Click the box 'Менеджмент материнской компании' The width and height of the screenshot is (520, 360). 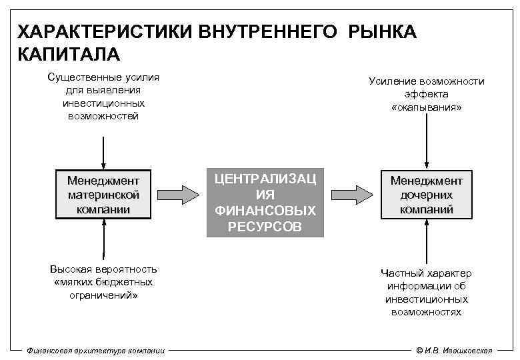pyautogui.click(x=103, y=195)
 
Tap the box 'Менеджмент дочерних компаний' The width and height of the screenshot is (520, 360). pyautogui.click(x=426, y=195)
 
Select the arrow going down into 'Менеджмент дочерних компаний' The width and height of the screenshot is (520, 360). pyautogui.click(x=426, y=149)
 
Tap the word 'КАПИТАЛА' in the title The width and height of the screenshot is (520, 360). pyautogui.click(x=67, y=53)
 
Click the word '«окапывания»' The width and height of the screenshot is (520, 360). pyautogui.click(x=427, y=107)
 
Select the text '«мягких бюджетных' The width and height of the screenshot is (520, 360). pyautogui.click(x=103, y=282)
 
